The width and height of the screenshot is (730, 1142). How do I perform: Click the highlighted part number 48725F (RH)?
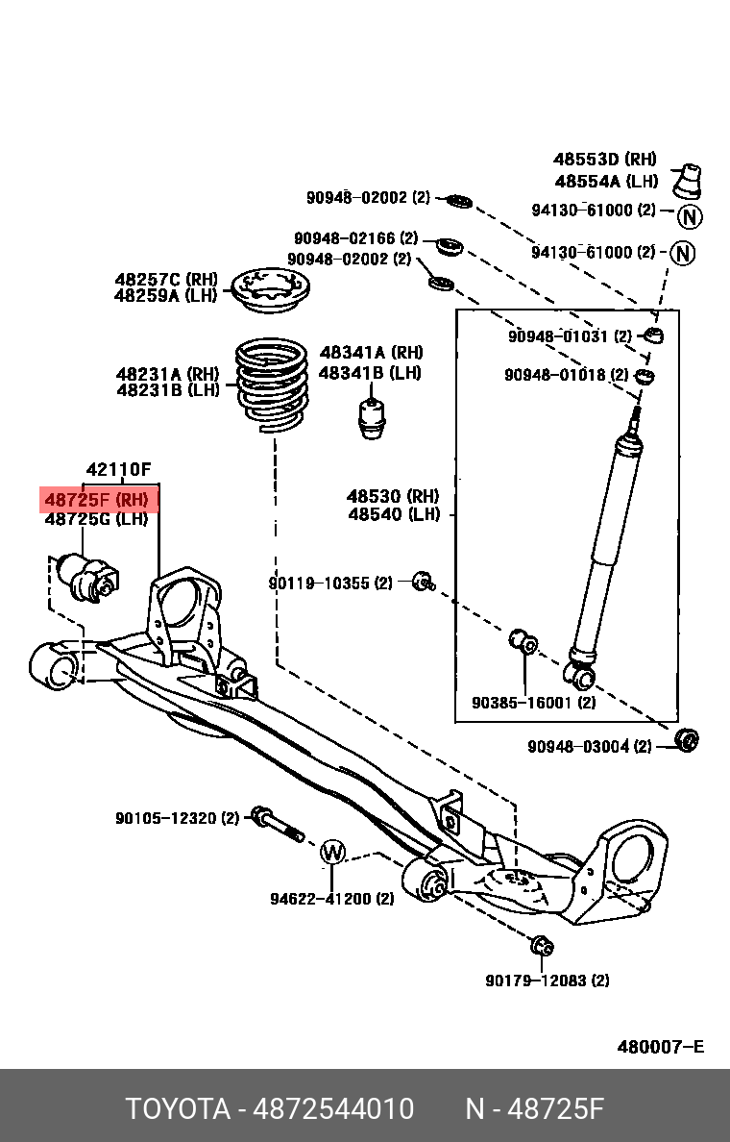[97, 499]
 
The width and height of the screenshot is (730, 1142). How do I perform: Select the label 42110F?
[119, 470]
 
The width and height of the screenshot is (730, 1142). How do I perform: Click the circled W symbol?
[331, 852]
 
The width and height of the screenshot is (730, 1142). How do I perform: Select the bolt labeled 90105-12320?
[275, 824]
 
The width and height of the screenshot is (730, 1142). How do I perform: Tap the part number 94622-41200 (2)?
[331, 899]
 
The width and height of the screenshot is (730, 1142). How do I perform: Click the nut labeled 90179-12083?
[541, 946]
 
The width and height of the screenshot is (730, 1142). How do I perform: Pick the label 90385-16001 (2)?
[533, 703]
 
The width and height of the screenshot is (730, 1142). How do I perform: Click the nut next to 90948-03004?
[687, 740]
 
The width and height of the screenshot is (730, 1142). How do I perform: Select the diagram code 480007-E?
[660, 1046]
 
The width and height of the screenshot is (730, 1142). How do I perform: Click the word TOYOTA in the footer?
[178, 1109]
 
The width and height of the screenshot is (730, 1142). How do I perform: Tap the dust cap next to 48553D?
[690, 180]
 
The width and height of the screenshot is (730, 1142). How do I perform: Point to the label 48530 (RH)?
[392, 496]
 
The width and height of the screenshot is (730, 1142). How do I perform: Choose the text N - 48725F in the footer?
[534, 1109]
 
